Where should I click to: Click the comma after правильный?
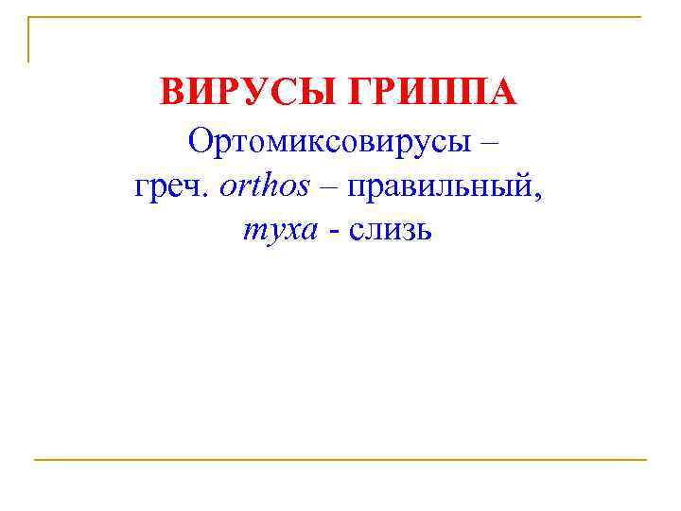pos(539,193)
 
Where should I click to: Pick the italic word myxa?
pos(280,229)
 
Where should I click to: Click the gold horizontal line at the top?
pos(340,17)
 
